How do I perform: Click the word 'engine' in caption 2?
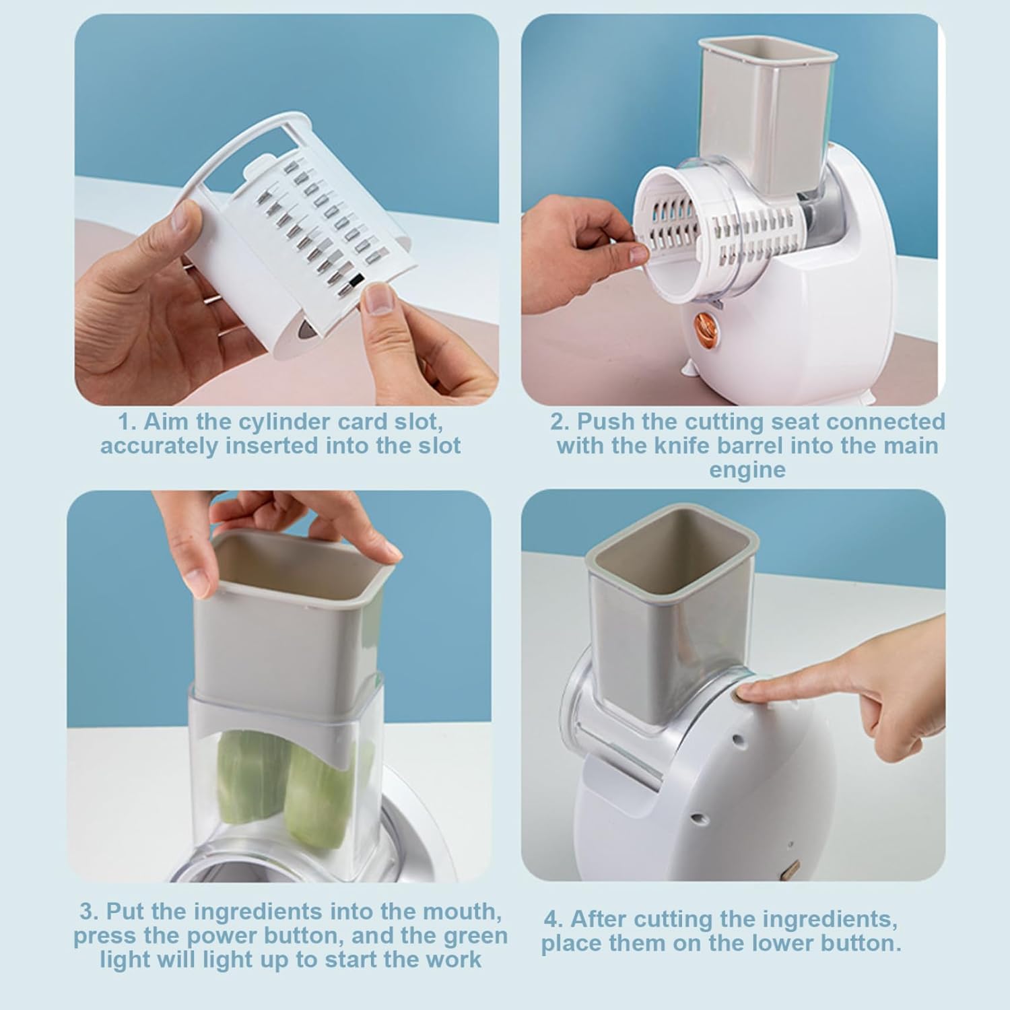coord(747,469)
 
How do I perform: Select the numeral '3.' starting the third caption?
coord(89,912)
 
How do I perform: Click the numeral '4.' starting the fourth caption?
coord(553,919)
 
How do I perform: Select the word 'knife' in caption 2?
coord(686,446)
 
